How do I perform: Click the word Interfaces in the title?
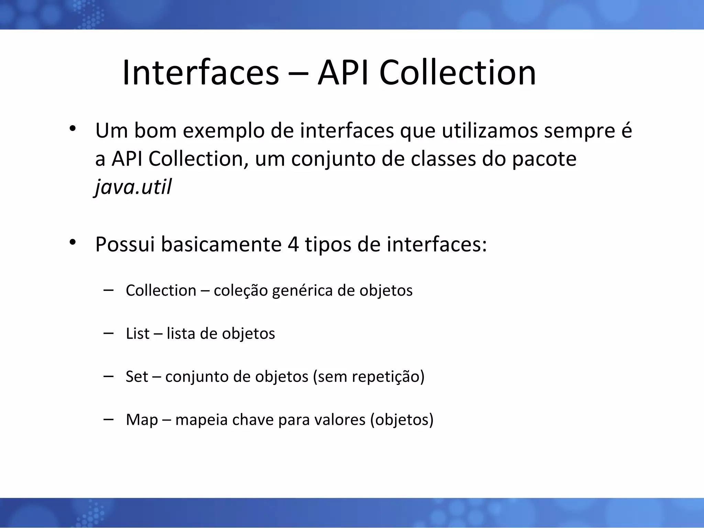[x=200, y=73]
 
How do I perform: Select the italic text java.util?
[x=133, y=187]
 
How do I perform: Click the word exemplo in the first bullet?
[x=224, y=131]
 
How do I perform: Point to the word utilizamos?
[x=489, y=131]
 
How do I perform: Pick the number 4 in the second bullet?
[x=293, y=244]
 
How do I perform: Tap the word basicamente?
[x=221, y=244]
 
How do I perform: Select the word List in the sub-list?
[x=137, y=333]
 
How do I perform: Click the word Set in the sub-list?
[x=137, y=376]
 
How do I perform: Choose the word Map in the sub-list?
[x=142, y=420]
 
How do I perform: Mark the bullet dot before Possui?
[x=72, y=242]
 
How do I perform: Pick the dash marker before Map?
[x=108, y=419]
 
